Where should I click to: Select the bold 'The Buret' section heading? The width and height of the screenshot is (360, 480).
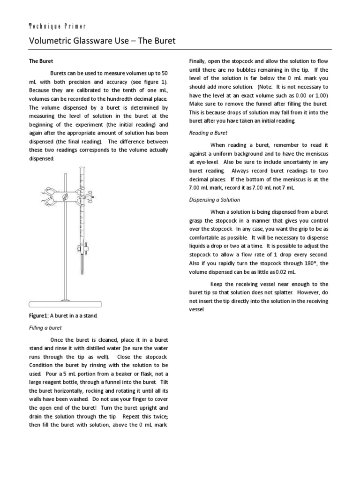click(41, 61)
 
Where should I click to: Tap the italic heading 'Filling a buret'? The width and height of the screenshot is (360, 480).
click(45, 327)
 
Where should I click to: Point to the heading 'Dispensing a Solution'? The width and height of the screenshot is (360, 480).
click(214, 200)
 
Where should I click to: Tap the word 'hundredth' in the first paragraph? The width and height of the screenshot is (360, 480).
click(109, 99)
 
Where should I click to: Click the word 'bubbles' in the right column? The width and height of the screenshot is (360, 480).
click(251, 70)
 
